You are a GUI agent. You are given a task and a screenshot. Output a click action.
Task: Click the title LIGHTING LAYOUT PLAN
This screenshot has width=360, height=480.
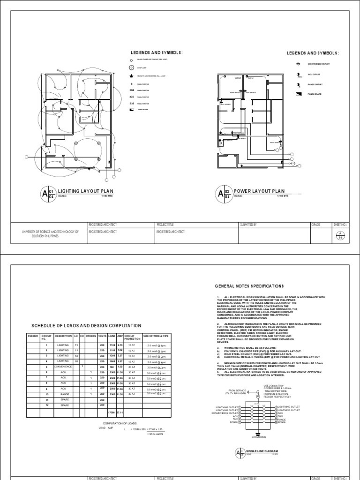pyautogui.click(x=85, y=191)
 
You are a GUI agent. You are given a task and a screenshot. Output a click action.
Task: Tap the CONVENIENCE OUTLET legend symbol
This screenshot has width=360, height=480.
pyautogui.click(x=298, y=63)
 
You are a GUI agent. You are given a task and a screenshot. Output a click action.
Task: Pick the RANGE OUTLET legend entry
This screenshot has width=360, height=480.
pyautogui.click(x=315, y=84)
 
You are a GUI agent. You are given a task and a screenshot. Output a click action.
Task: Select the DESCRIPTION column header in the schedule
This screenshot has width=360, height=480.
pyautogui.click(x=63, y=336)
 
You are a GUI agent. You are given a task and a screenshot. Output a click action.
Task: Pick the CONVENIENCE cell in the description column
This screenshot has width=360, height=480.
pyautogui.click(x=63, y=380)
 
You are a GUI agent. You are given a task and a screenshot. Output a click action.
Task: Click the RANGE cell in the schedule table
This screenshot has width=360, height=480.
pyautogui.click(x=63, y=406)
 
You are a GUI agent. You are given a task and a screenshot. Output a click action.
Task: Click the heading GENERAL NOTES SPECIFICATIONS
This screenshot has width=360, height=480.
pyautogui.click(x=249, y=285)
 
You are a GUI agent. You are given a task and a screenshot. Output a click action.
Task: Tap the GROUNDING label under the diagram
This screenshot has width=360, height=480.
pyautogui.click(x=258, y=437)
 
